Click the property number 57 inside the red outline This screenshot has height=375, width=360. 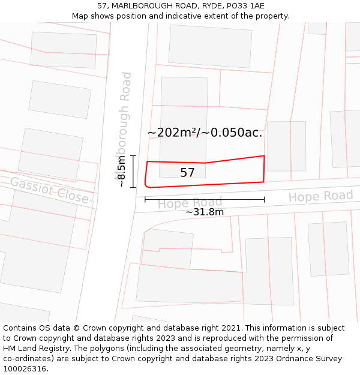tap(187, 173)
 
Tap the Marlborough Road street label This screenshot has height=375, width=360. tap(124, 126)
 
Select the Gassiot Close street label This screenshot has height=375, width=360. tap(49, 190)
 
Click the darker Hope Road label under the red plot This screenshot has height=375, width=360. tap(190, 203)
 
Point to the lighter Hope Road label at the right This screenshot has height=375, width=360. tap(320, 196)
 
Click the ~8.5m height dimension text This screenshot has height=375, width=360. tap(122, 172)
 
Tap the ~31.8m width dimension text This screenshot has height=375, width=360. tap(205, 212)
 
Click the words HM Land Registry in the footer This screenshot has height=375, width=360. tap(38, 349)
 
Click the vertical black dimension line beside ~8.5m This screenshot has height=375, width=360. tap(133, 172)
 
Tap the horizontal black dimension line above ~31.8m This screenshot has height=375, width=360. tap(204, 200)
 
